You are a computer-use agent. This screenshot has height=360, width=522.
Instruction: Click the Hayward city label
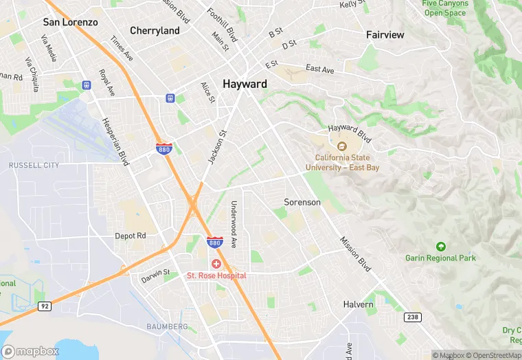click(x=245, y=84)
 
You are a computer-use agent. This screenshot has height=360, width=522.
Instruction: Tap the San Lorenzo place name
click(x=70, y=22)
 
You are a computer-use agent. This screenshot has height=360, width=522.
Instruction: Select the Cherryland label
click(x=155, y=31)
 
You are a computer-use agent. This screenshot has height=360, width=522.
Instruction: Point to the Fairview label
click(x=385, y=34)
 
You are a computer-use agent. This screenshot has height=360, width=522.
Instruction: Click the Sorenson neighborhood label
click(x=302, y=203)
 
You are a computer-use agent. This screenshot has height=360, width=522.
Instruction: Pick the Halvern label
click(x=359, y=304)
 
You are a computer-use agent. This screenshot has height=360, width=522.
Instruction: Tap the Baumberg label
click(x=167, y=326)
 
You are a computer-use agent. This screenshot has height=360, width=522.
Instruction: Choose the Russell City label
click(x=34, y=166)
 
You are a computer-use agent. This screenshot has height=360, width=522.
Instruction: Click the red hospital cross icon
click(x=216, y=265)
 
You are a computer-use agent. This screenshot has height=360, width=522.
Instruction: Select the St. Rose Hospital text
click(x=216, y=275)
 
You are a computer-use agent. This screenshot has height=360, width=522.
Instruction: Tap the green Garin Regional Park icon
click(x=440, y=247)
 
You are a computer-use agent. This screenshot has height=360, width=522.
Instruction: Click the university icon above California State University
click(x=341, y=146)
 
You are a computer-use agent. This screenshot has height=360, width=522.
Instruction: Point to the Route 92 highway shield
click(x=45, y=306)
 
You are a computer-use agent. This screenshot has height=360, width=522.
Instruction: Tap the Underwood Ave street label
click(x=234, y=224)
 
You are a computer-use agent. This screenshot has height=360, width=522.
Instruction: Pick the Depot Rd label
click(x=130, y=236)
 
